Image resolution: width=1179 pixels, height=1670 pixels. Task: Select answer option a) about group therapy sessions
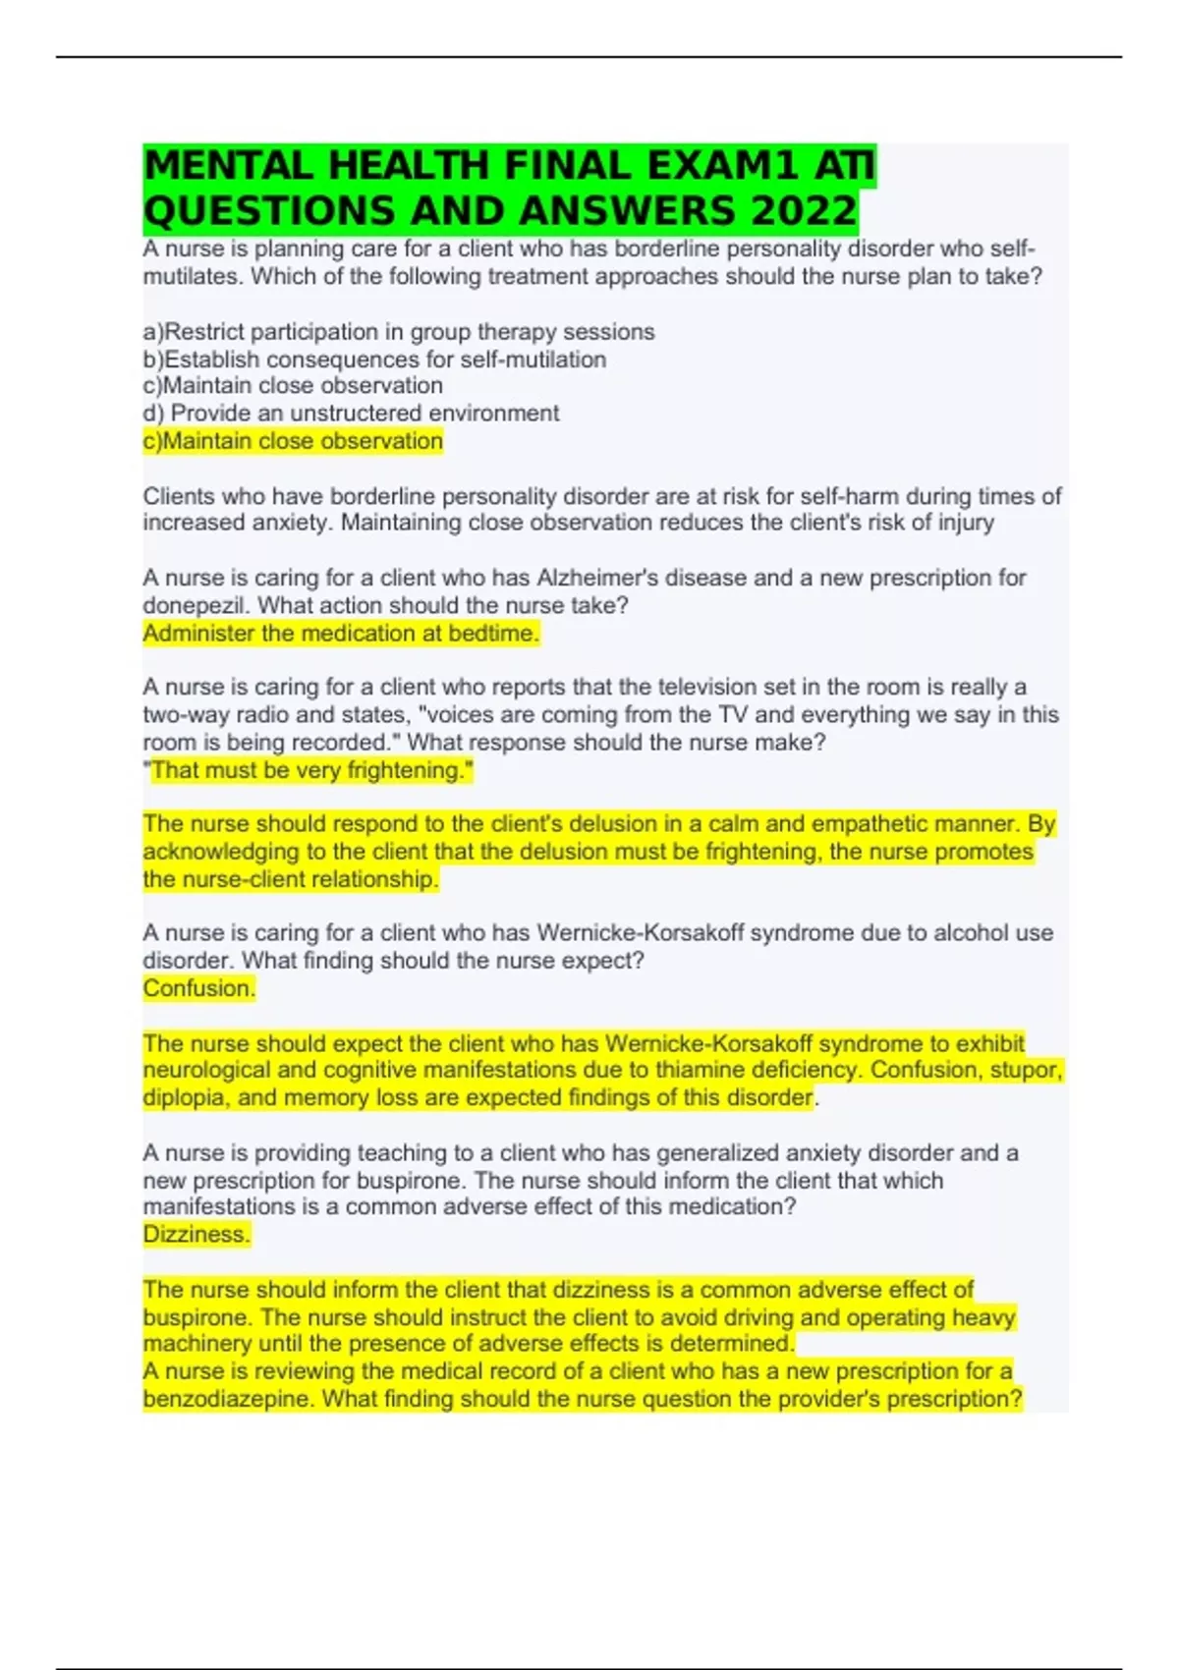tap(399, 332)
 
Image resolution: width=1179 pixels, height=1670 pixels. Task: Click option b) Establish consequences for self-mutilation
tap(374, 360)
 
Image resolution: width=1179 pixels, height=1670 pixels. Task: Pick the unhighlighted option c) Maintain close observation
tap(293, 386)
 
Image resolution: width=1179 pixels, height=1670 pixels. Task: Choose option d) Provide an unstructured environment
tap(351, 414)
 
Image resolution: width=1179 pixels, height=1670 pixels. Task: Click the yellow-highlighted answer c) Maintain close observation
tap(293, 441)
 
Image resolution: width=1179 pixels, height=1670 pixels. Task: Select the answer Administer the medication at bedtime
tap(341, 634)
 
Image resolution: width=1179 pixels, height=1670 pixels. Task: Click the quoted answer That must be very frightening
tap(309, 770)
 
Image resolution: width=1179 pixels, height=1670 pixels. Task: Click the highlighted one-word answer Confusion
tap(198, 988)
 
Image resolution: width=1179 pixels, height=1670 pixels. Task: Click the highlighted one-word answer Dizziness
tap(196, 1234)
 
